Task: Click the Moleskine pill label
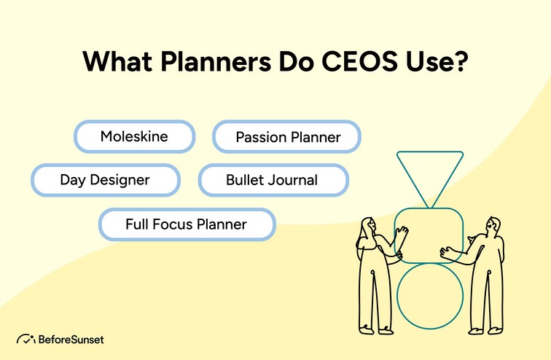coord(134,136)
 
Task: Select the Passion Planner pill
coord(287,137)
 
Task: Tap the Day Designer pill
coord(105,179)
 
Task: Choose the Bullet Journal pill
coord(271,180)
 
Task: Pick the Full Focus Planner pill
coord(187,224)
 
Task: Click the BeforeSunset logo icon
coord(26,339)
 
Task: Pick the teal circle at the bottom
coord(429,296)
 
